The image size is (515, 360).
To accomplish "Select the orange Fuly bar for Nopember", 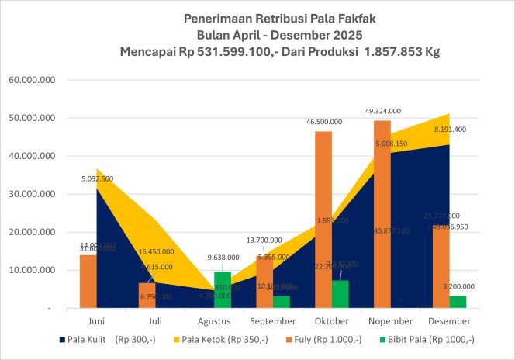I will pos(382,213).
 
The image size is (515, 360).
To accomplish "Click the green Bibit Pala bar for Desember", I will pos(458,302).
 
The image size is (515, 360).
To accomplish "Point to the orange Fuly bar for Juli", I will pos(147,295).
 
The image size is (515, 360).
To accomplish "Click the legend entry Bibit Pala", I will pos(434,340).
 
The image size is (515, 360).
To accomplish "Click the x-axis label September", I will pos(274,320).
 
